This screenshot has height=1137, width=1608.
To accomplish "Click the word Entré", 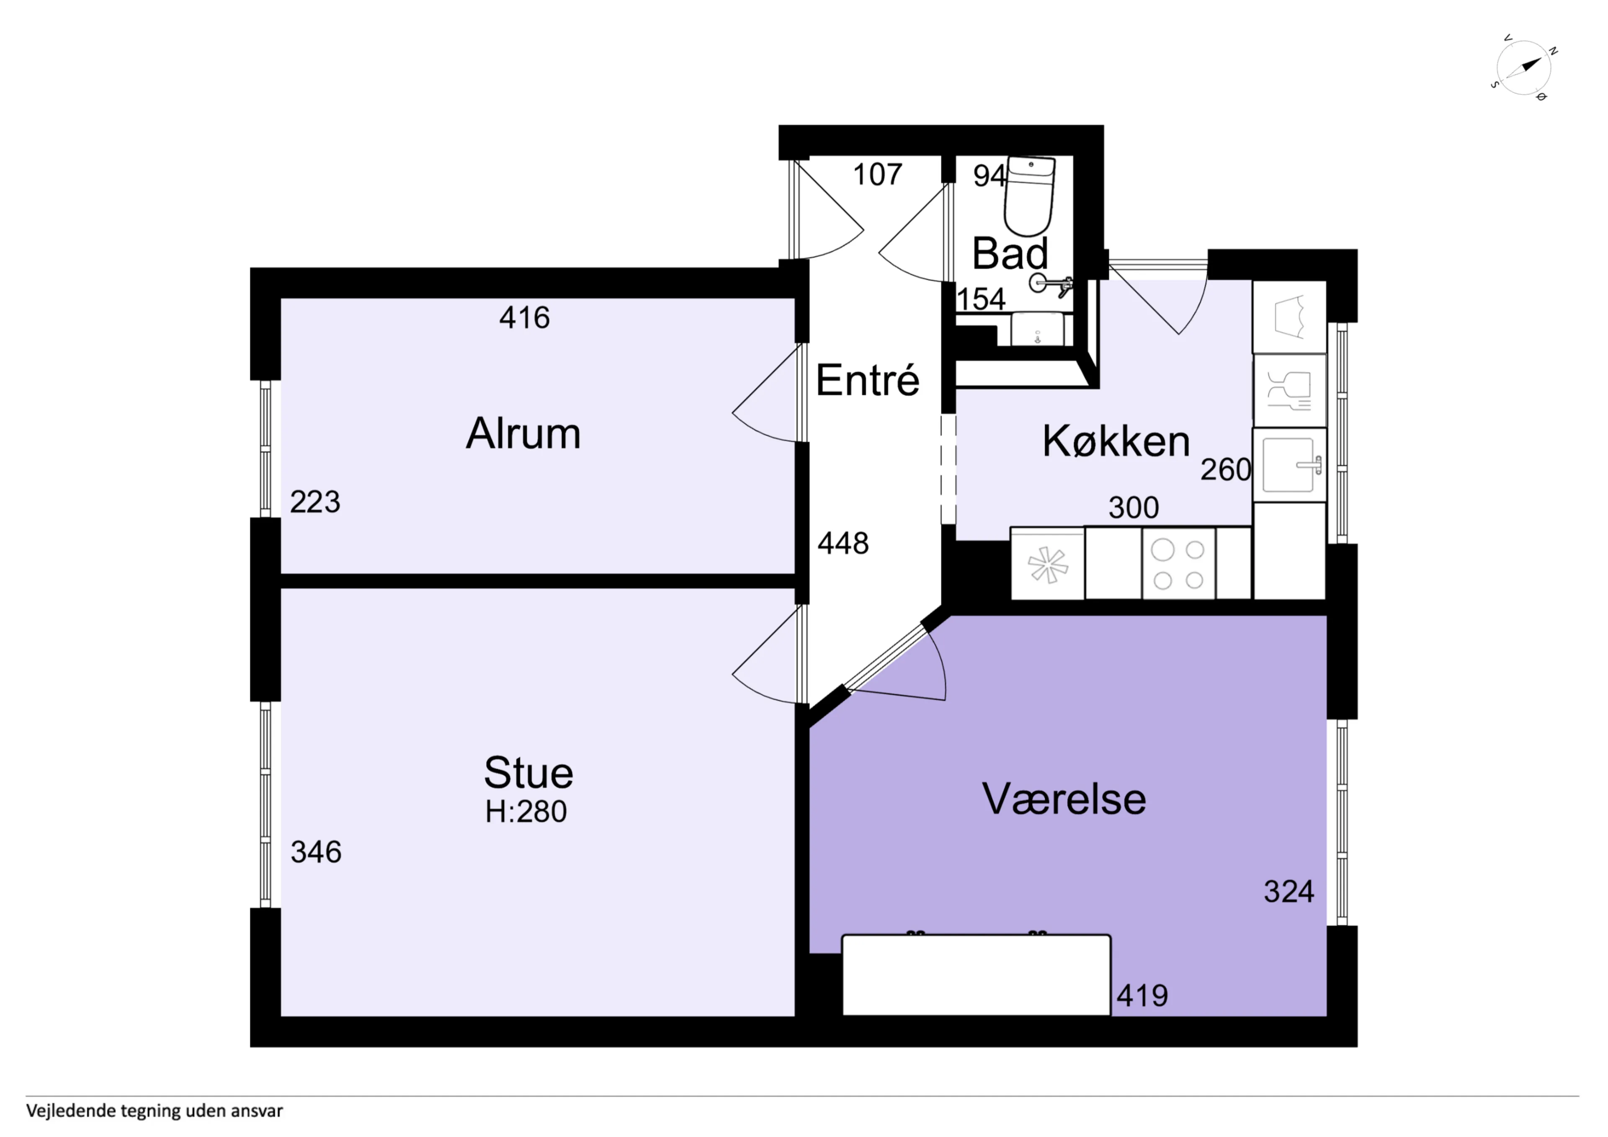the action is pos(867,380).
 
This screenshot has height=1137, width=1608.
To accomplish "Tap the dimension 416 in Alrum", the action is pos(525,318).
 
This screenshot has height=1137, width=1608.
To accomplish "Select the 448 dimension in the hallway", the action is pos(843,543).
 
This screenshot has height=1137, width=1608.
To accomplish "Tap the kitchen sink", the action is pos(1289,464).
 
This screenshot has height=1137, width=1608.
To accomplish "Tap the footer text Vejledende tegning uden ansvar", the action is pos(155,1111).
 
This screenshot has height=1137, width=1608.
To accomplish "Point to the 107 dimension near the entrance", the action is pos(878,175).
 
